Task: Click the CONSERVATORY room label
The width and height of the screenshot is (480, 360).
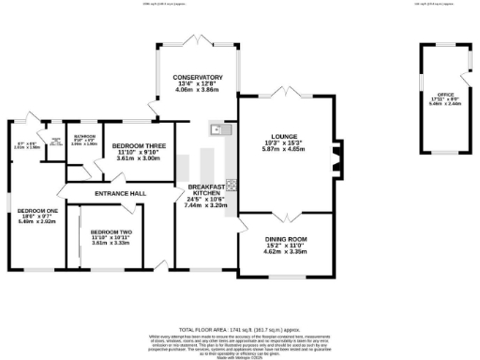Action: pyautogui.click(x=190, y=77)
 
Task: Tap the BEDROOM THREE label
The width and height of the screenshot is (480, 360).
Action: pyautogui.click(x=139, y=146)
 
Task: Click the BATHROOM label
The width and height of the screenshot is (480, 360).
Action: pyautogui.click(x=85, y=137)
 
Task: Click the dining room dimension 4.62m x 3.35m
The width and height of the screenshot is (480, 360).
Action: pyautogui.click(x=285, y=252)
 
